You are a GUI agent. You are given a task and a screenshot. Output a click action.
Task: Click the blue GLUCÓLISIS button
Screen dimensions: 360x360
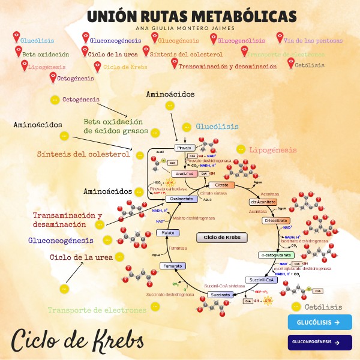[319, 322]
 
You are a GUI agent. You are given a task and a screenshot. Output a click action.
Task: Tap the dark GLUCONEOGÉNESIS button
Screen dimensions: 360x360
[319, 343]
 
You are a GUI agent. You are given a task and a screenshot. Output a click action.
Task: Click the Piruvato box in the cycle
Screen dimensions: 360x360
[184, 148]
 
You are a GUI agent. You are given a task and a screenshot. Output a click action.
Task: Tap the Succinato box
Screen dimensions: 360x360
[220, 295]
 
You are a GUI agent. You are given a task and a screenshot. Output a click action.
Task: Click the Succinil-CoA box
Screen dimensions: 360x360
[262, 280]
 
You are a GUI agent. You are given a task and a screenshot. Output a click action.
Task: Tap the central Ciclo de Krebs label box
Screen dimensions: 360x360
[222, 238]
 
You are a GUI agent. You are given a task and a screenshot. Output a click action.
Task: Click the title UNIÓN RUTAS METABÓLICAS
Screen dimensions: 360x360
[191, 16]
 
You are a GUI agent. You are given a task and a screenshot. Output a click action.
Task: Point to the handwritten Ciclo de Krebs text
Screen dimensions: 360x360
[78, 340]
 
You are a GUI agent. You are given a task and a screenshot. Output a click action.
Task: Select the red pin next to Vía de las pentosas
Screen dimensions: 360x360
[280, 37]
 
